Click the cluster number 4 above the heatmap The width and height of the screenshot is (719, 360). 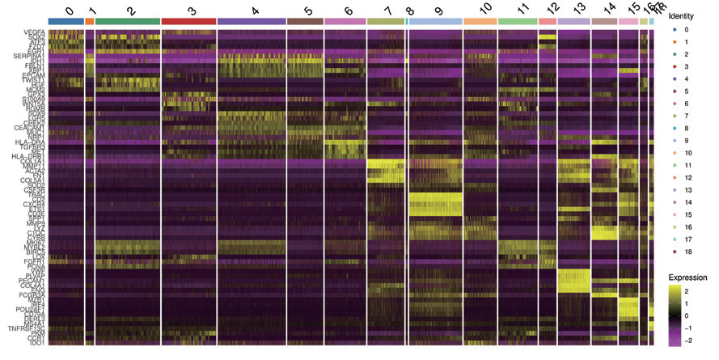point(256,11)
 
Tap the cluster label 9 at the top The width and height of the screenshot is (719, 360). point(438,11)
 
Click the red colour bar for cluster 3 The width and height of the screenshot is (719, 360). point(188,21)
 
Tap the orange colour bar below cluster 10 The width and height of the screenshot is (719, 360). point(480,21)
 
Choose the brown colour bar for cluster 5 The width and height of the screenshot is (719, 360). point(305,21)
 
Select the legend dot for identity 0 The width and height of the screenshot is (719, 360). point(673,29)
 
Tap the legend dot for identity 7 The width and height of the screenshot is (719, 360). point(673,116)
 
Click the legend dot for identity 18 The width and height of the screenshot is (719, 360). point(673,252)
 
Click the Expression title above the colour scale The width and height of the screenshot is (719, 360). point(688,277)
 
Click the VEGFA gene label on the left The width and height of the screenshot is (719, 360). point(35,31)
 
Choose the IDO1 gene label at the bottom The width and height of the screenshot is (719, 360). point(37,343)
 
